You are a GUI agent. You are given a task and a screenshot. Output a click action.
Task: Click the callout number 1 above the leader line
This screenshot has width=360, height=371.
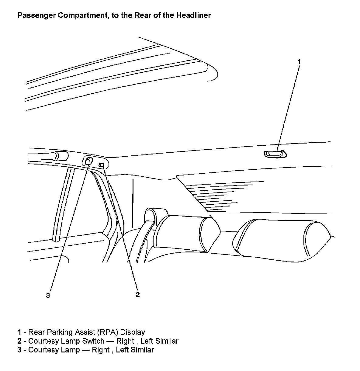click(x=299, y=62)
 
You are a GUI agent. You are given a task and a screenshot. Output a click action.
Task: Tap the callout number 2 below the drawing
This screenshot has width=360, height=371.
click(x=137, y=294)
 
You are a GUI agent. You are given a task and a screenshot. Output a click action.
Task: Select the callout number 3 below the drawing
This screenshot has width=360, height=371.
click(x=48, y=295)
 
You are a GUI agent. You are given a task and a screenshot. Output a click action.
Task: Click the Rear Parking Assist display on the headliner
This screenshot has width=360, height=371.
click(x=275, y=154)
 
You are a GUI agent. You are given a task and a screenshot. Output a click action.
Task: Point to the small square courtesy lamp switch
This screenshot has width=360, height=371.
click(x=102, y=165)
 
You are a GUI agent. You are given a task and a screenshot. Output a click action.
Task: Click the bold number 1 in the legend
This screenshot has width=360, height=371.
click(x=19, y=332)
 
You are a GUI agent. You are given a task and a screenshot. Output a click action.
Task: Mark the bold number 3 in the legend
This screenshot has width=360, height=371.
click(x=19, y=350)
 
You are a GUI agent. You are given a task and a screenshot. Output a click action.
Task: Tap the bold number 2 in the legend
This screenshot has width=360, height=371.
click(x=19, y=341)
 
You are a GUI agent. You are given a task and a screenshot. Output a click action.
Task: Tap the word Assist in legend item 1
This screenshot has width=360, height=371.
click(x=87, y=332)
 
